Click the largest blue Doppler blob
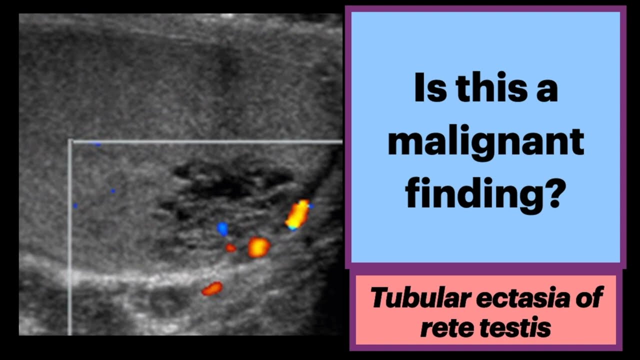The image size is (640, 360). click(222, 229)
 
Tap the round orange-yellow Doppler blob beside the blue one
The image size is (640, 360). click(259, 247)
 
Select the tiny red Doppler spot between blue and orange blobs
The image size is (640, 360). click(230, 247)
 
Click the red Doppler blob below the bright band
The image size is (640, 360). click(212, 288)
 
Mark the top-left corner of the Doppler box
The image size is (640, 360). click(70, 142)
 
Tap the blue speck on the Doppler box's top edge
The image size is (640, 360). click(97, 144)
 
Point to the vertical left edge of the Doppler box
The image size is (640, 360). click(70, 240)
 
